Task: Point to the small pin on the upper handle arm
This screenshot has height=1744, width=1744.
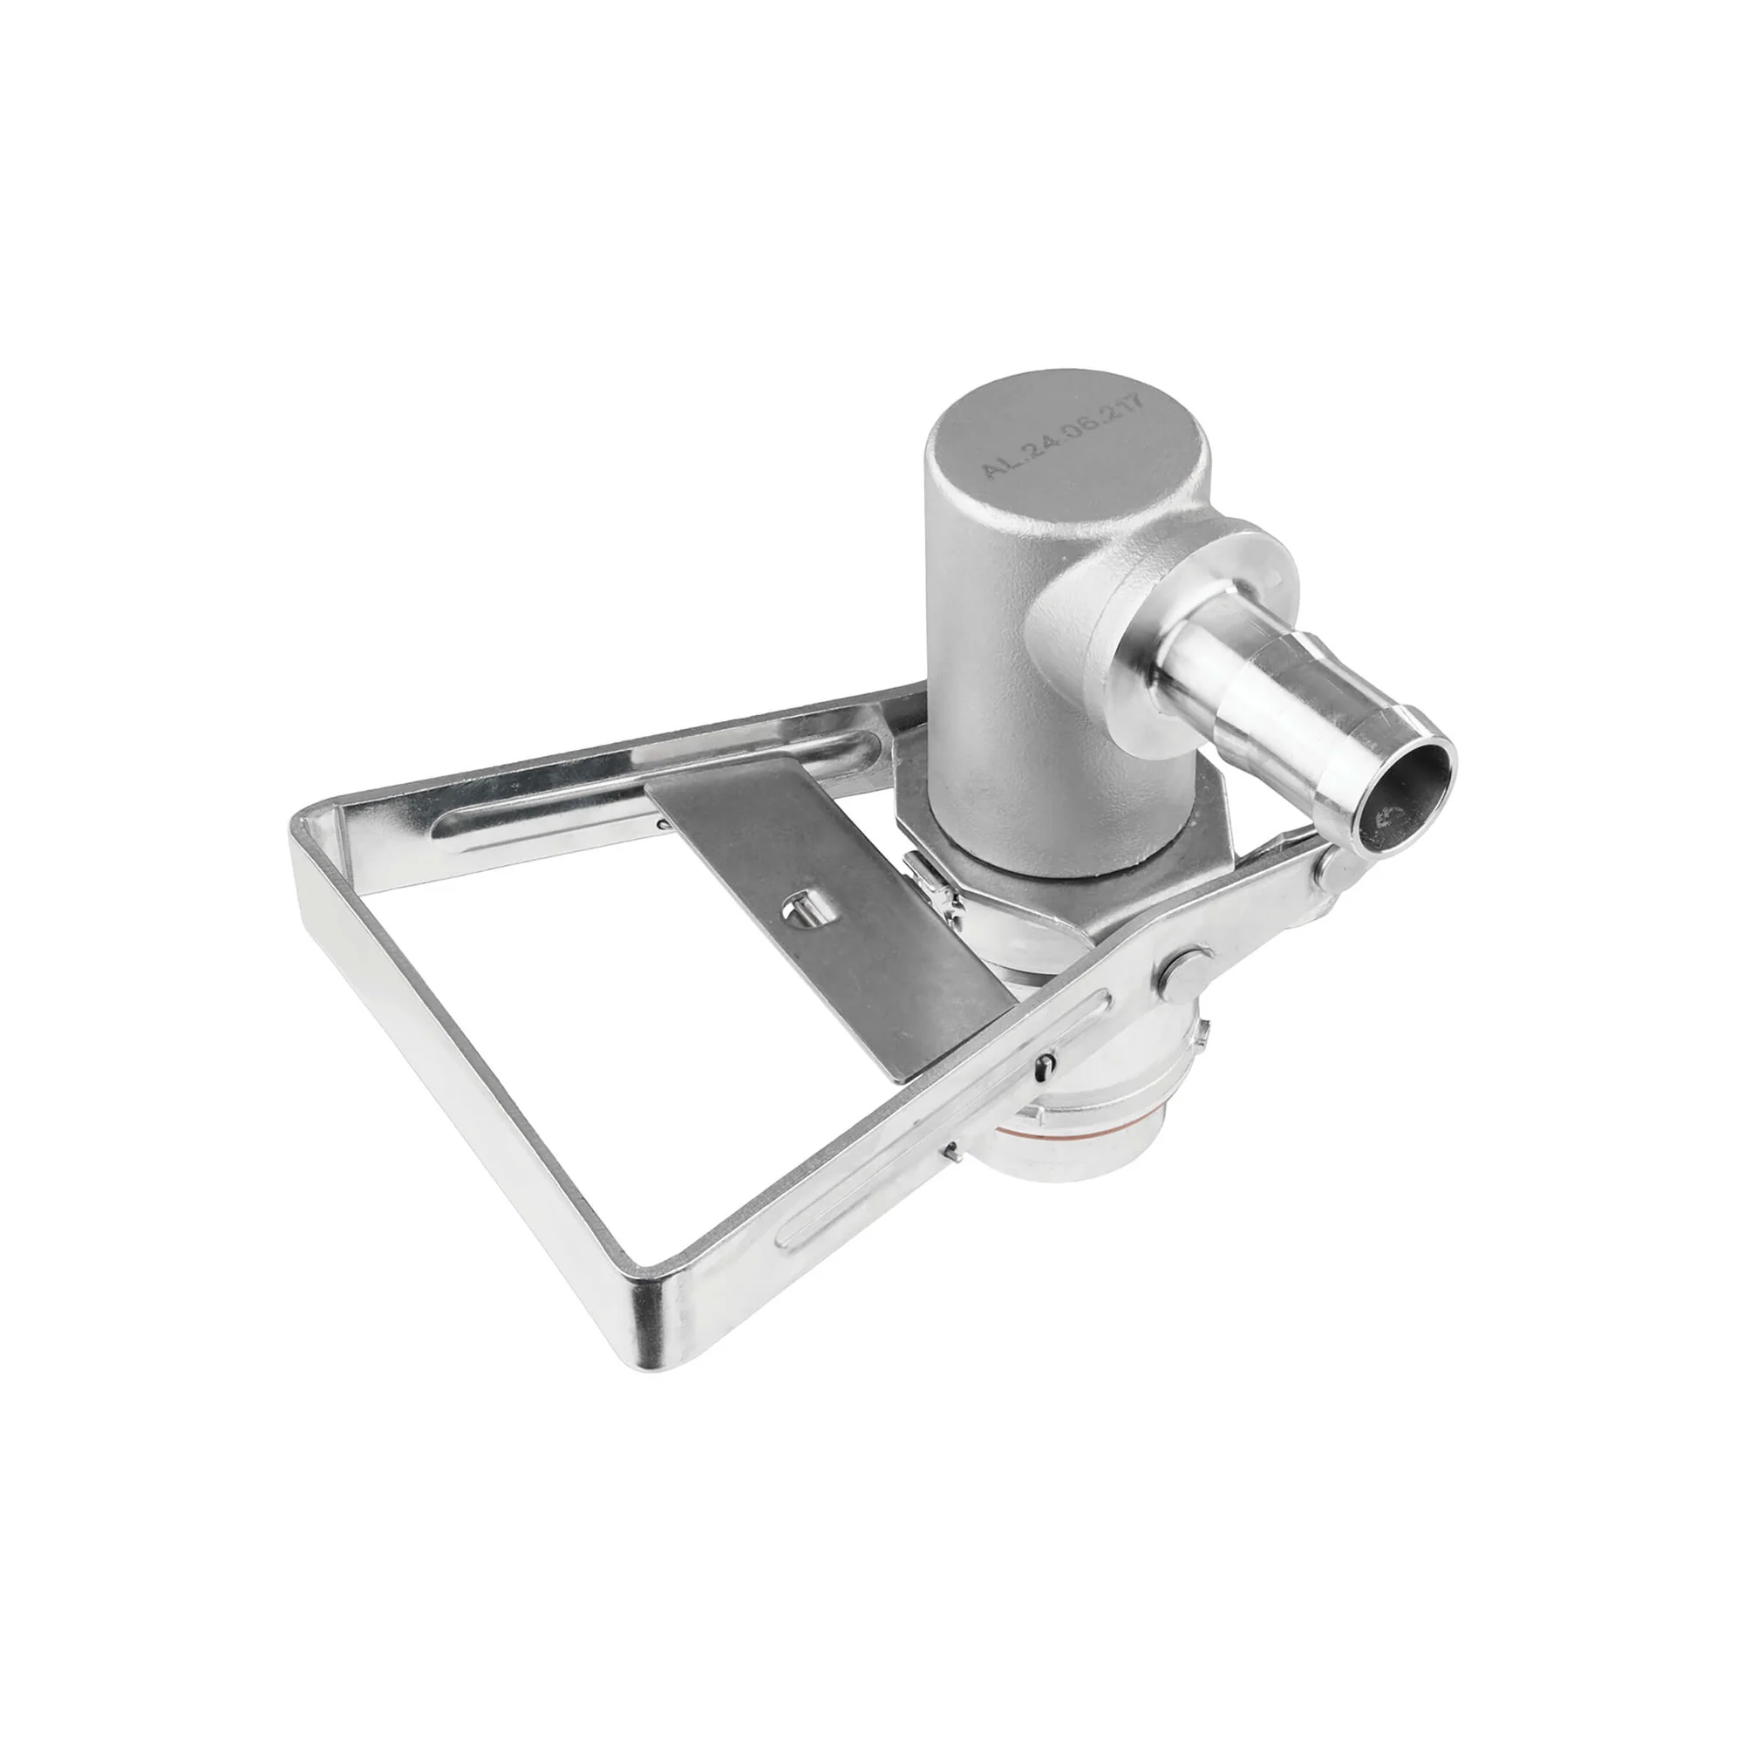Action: tap(664, 822)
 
